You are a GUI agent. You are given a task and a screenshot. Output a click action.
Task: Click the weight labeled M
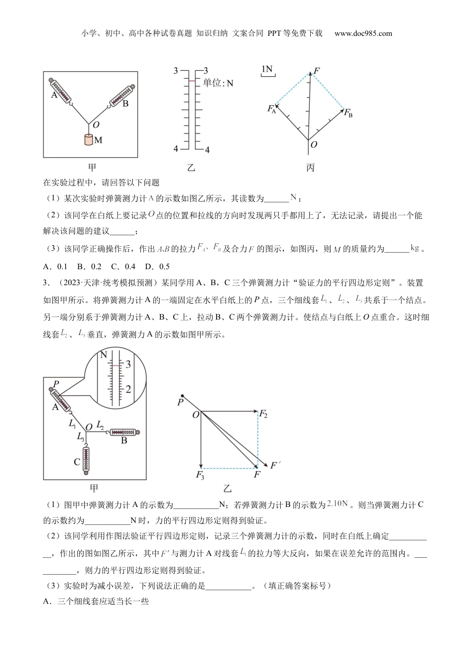click(x=89, y=139)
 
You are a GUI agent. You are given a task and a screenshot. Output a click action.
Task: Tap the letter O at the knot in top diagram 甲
click(x=96, y=125)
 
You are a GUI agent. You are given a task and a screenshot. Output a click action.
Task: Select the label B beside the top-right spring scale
click(x=125, y=104)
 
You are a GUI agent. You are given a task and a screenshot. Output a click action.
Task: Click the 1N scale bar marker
click(x=268, y=70)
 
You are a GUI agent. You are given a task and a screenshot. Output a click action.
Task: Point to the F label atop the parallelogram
click(x=316, y=71)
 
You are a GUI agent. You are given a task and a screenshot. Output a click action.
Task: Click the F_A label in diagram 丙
click(x=271, y=109)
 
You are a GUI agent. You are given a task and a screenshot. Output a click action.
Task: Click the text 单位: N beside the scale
click(x=218, y=83)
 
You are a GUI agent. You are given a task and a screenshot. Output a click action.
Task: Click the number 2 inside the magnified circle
click(x=128, y=389)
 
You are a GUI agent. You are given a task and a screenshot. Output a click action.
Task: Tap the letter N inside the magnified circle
click(x=104, y=355)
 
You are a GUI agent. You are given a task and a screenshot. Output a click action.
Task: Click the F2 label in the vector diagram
click(x=264, y=413)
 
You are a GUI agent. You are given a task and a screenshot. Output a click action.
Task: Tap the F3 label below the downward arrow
click(x=200, y=475)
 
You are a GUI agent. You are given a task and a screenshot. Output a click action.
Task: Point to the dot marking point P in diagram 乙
click(x=183, y=395)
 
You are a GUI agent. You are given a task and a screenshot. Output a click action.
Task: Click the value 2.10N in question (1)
click(x=338, y=504)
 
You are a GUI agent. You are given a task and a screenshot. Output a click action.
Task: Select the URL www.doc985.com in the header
click(x=363, y=33)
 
